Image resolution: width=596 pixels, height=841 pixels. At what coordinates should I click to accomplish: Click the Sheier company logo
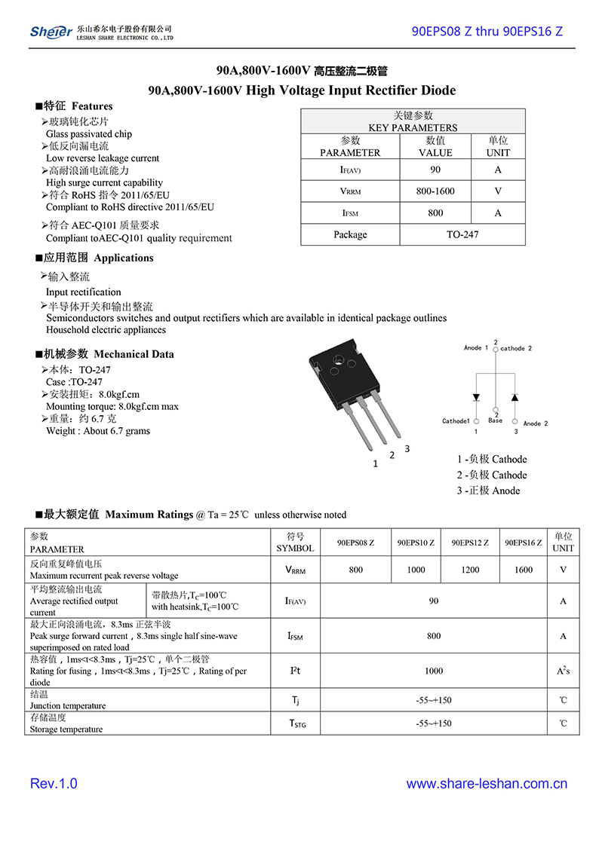[51, 31]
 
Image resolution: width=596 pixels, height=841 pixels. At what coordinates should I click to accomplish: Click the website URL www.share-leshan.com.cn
[487, 784]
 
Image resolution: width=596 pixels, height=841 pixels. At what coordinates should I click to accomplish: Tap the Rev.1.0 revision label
[54, 784]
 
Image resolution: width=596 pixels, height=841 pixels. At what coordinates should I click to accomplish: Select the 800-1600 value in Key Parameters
[435, 191]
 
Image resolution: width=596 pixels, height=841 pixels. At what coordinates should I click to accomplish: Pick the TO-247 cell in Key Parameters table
[462, 234]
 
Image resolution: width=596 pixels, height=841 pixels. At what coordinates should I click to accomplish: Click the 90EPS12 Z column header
[470, 543]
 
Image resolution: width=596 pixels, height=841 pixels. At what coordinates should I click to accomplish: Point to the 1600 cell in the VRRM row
[523, 570]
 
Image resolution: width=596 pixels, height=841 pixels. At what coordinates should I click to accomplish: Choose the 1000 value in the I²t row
[434, 671]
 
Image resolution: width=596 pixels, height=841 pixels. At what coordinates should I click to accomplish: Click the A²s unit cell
[563, 671]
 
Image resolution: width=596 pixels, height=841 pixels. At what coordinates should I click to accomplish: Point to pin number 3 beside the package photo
[407, 449]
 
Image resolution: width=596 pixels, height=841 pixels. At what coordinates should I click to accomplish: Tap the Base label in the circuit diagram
[495, 420]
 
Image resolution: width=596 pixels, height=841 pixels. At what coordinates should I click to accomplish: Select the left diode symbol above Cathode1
[476, 397]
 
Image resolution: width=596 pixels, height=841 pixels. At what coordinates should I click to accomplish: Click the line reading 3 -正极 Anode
[488, 491]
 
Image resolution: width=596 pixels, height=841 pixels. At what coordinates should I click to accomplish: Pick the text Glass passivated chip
[89, 134]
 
